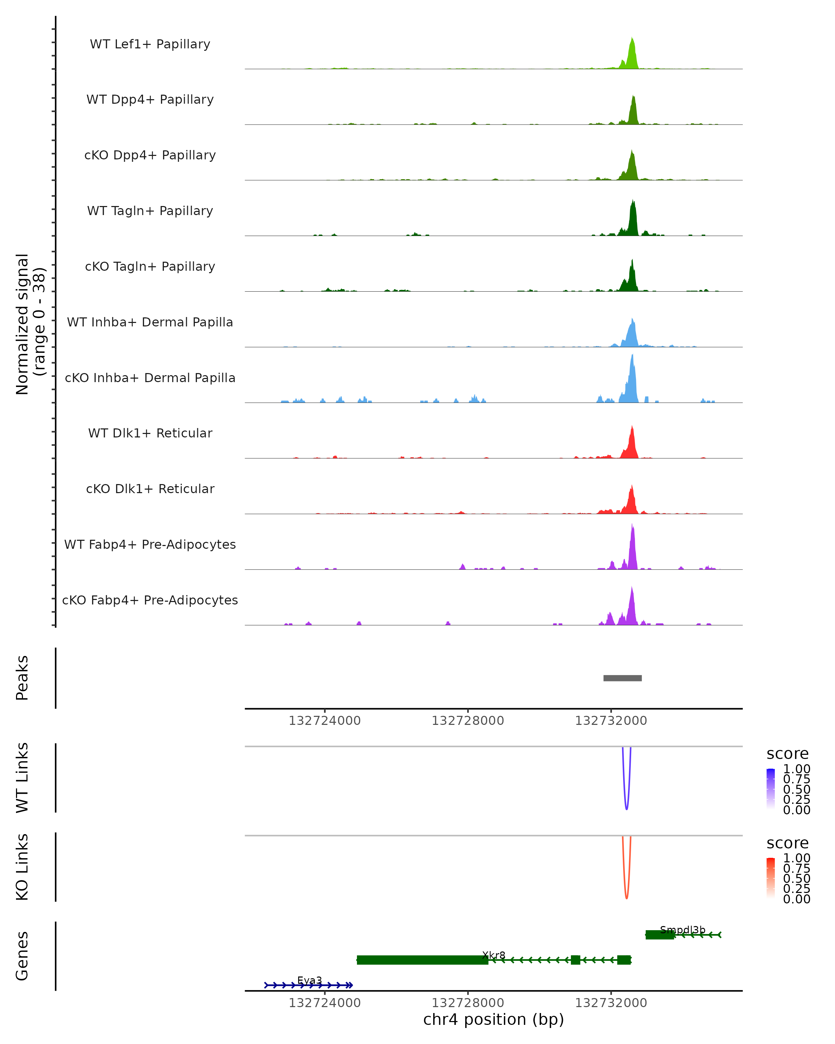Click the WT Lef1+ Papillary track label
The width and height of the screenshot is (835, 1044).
150,44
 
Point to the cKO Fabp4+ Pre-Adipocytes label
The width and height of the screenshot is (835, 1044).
150,600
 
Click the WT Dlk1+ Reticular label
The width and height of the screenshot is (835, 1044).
150,433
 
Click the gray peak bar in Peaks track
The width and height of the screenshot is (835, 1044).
622,678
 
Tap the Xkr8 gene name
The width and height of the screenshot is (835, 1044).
494,955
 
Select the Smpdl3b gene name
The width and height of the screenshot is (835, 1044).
683,930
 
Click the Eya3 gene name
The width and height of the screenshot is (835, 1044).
309,980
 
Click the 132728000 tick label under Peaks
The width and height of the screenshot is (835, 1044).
468,721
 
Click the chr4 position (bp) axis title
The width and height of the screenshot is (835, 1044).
493,1020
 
